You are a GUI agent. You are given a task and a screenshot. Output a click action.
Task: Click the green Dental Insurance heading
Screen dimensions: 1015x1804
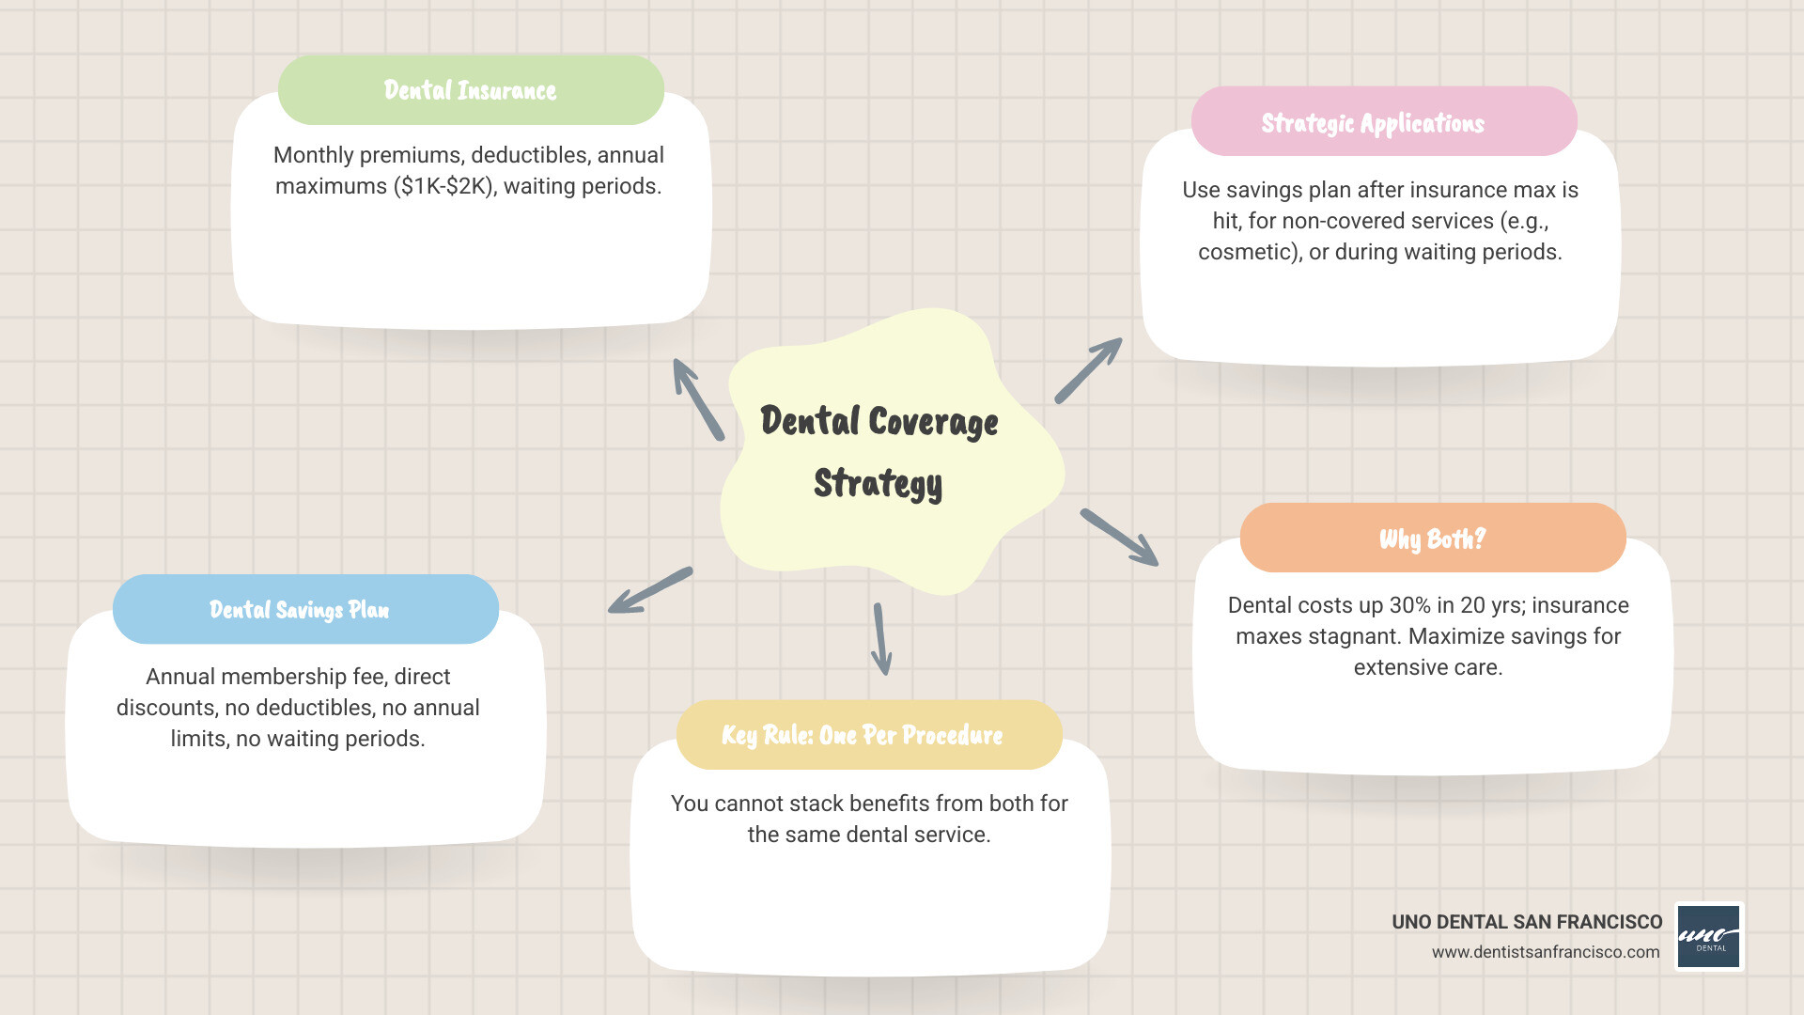[470, 90]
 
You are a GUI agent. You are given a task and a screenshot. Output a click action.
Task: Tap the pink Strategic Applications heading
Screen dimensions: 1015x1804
[1373, 123]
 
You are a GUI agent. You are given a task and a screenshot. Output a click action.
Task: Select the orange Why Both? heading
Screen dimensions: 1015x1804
[1432, 539]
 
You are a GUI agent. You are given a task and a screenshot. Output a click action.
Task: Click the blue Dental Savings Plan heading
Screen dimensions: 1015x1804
[299, 610]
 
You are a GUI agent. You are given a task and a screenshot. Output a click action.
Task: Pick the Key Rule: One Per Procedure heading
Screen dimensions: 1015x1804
[862, 735]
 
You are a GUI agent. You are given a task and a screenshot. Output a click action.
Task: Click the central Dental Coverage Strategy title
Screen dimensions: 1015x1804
[879, 452]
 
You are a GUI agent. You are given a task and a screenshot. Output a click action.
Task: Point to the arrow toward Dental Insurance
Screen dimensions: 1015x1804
[698, 399]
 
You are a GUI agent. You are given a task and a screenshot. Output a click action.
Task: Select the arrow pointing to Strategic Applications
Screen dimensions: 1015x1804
[1088, 371]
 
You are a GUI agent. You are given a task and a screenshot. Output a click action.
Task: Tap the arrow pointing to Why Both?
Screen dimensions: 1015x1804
[1119, 538]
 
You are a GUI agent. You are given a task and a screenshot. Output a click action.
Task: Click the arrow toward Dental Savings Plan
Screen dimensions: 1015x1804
[650, 590]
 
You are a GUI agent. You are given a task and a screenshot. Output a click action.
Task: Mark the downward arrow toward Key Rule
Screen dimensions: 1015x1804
[881, 639]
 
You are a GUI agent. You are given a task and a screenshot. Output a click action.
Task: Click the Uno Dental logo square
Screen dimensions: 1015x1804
[1709, 937]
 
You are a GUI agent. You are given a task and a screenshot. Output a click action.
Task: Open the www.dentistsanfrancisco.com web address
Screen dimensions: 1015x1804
[1546, 952]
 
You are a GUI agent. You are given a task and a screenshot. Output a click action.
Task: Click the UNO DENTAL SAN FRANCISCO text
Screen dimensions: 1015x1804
[1527, 922]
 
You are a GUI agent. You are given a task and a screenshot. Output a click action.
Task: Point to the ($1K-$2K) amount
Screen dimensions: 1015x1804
[443, 186]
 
